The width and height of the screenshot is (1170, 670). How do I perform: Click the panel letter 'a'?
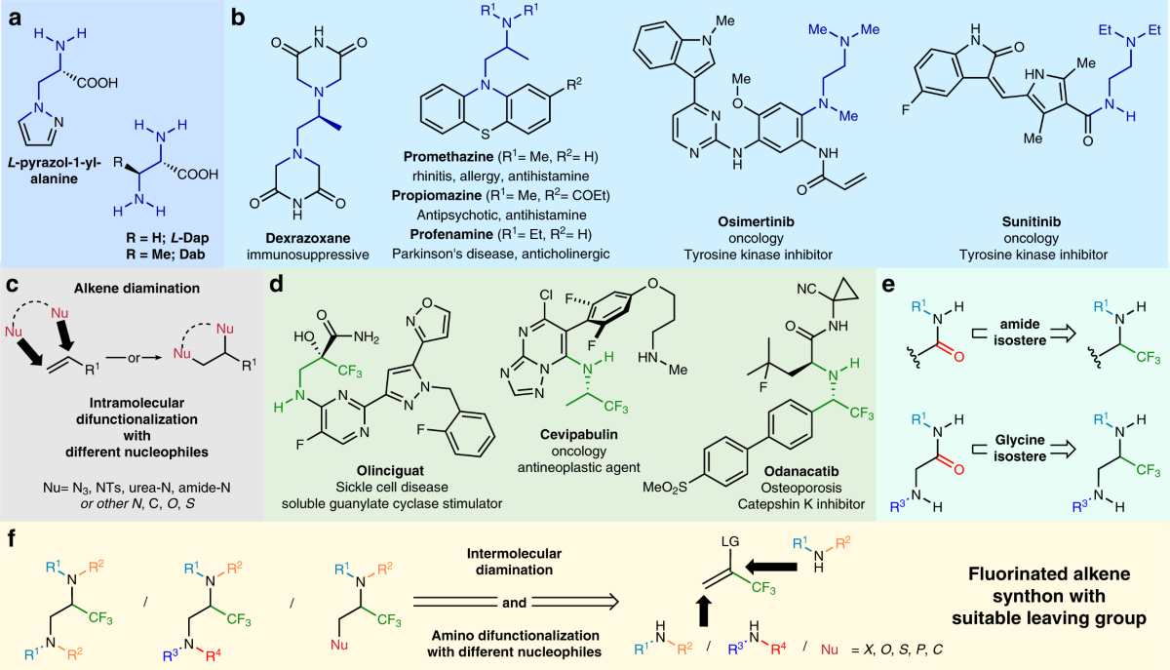[x=16, y=19]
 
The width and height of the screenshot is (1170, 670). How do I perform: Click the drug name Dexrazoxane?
[x=308, y=238]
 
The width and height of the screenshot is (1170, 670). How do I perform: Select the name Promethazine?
[x=448, y=157]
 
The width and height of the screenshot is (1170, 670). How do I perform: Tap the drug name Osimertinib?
[x=756, y=221]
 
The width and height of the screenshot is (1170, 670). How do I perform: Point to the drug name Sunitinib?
[x=1032, y=221]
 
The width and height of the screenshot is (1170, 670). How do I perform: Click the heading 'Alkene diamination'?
[x=136, y=288]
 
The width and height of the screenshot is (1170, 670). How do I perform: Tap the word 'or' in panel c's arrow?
[x=135, y=358]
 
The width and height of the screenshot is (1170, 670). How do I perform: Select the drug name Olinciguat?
[x=390, y=470]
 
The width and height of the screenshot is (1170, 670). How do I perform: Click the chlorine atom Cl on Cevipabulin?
[x=546, y=296]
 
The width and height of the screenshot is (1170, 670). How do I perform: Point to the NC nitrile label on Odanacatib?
[x=806, y=289]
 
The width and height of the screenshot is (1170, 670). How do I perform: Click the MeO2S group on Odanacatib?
[x=664, y=487]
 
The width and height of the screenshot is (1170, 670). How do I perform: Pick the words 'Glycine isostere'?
[x=1020, y=448]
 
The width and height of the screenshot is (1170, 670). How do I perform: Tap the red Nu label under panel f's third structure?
[x=339, y=645]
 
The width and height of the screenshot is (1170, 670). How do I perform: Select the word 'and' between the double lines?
[x=514, y=603]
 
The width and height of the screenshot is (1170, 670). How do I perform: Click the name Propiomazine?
[x=437, y=195]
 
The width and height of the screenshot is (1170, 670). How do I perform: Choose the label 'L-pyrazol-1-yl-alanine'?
[x=54, y=171]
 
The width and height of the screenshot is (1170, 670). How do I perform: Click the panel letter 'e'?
[x=888, y=285]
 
